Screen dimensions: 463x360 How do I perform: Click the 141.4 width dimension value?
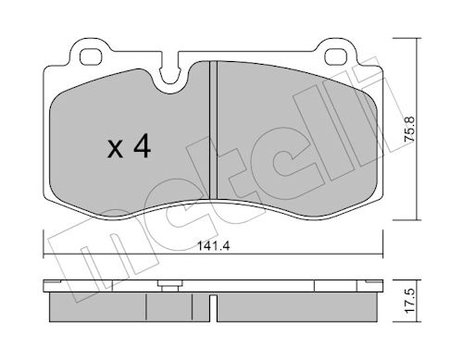213,246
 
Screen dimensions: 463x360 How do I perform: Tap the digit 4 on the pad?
143,147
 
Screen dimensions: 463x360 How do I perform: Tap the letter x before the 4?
115,150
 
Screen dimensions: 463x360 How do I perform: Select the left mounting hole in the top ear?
90,56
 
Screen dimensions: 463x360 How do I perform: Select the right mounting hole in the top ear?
336,56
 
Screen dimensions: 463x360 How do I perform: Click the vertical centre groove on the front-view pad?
213,130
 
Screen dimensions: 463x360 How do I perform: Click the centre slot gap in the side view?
213,308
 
